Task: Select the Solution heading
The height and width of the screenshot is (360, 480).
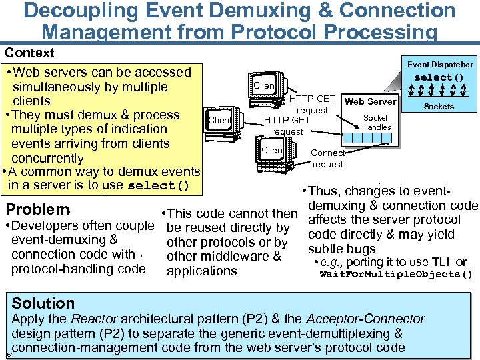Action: point(43,303)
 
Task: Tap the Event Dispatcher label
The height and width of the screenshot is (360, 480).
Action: point(440,65)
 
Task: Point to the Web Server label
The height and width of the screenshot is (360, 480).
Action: point(370,101)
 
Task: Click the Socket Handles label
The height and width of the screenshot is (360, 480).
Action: point(376,123)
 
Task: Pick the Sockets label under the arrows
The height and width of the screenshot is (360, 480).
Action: point(439,107)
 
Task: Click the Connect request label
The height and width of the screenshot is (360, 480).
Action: point(328,159)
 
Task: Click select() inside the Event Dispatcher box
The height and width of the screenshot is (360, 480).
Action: point(439,77)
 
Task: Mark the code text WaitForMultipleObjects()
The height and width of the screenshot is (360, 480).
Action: point(396,274)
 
